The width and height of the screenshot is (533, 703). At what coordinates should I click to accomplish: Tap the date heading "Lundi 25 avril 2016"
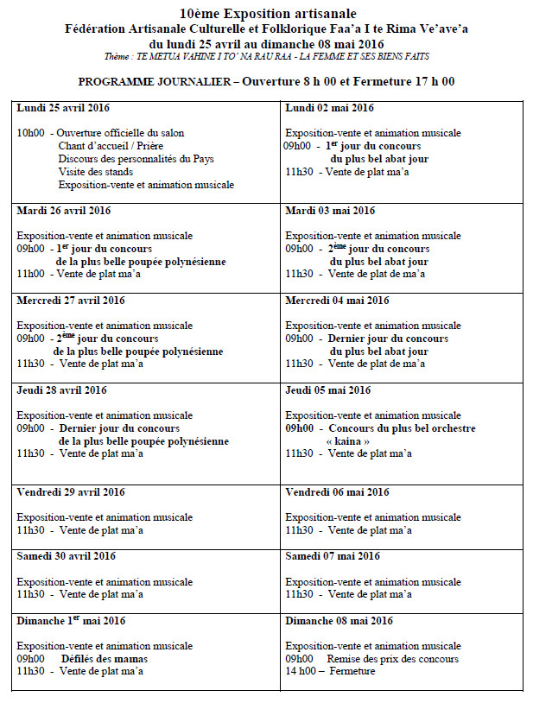point(63,108)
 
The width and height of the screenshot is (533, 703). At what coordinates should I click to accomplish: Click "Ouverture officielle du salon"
point(121,133)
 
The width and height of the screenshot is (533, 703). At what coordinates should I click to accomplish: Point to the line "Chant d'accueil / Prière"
point(111,146)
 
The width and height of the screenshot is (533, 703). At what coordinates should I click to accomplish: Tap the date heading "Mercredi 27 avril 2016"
point(71,301)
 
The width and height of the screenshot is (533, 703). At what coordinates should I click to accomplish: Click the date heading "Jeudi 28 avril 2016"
point(61,390)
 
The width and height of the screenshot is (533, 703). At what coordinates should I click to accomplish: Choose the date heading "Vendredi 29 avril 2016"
point(71,492)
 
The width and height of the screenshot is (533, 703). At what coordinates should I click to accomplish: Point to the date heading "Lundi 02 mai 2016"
point(329,108)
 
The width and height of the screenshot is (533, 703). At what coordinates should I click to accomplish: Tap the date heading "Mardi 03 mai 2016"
point(330,211)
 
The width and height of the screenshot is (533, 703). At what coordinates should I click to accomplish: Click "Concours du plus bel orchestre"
point(402,428)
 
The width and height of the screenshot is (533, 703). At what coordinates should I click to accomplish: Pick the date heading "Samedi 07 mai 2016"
point(333,556)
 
